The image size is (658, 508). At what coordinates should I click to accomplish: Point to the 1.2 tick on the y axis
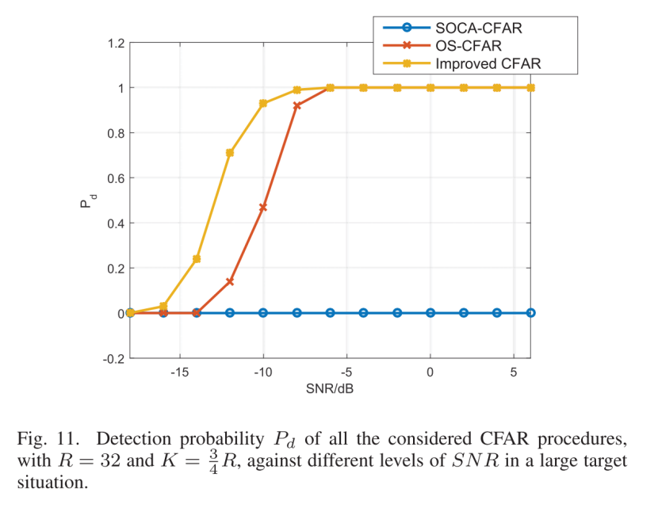115,43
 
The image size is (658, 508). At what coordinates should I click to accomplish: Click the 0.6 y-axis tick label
115,178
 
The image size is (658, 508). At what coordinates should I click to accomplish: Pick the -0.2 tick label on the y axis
113,358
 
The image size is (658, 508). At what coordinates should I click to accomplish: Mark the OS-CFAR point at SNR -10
263,208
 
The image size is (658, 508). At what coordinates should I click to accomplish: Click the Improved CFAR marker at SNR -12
230,153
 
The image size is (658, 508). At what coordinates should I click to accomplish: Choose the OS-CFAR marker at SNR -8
296,105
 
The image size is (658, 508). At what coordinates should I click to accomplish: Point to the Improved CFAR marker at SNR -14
197,259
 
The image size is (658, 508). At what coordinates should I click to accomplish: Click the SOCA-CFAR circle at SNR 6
530,313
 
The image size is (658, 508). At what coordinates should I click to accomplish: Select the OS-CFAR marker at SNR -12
230,281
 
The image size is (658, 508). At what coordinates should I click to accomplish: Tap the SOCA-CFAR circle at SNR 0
430,313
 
